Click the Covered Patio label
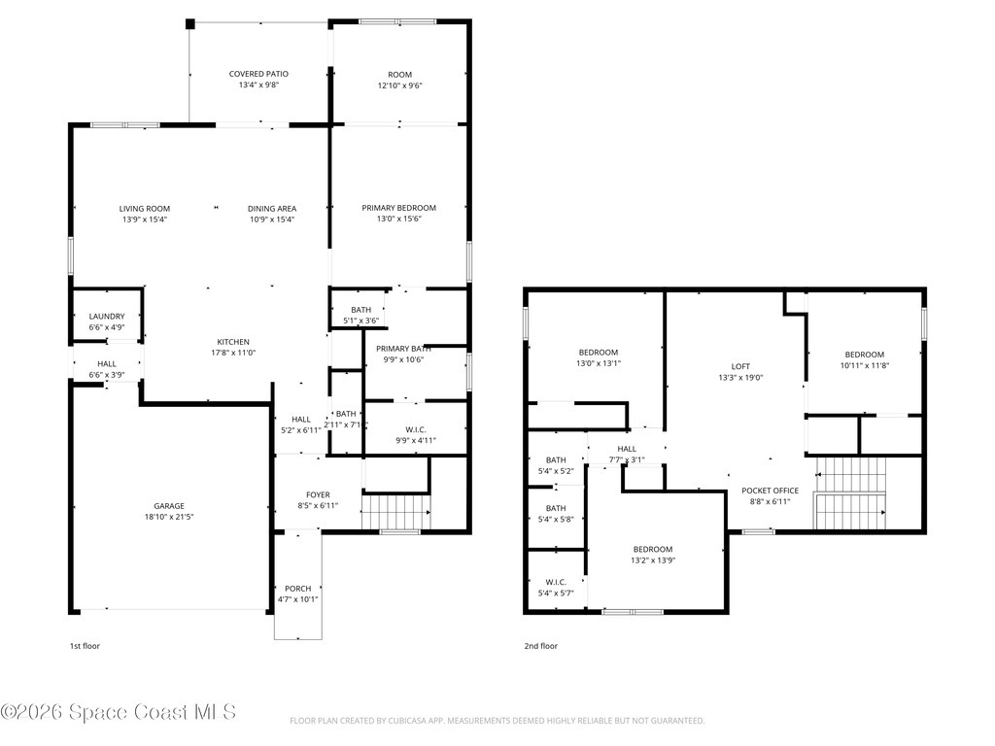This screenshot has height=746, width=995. [x=258, y=74]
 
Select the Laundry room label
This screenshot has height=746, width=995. [x=106, y=317]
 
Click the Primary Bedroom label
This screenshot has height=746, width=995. [x=398, y=208]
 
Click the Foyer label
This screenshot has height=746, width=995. [x=318, y=494]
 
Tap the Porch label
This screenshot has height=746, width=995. [x=297, y=589]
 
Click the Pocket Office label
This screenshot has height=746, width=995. [x=770, y=491]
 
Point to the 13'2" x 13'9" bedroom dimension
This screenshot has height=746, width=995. [x=653, y=560]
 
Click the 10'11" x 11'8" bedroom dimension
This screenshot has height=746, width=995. [x=864, y=365]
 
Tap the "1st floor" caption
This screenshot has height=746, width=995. [x=85, y=646]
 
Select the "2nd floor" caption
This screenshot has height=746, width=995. [x=541, y=646]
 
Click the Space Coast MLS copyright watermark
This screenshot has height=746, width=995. [x=119, y=712]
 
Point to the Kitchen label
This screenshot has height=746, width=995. [x=233, y=342]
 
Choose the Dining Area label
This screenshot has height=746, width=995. [x=272, y=208]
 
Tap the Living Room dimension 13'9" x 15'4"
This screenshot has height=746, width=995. [x=145, y=220]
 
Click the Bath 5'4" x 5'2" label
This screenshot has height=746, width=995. [x=556, y=459]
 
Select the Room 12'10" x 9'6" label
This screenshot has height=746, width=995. [x=399, y=74]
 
